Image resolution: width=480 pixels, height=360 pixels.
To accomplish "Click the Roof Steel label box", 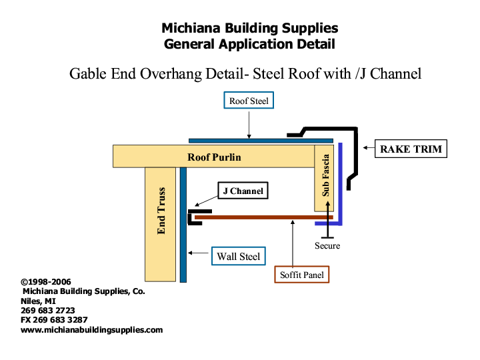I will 248,101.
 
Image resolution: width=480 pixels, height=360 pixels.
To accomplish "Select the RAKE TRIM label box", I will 411,149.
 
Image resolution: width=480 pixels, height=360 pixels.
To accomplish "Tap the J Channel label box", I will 242,191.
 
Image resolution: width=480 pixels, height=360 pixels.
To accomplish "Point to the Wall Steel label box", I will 238,256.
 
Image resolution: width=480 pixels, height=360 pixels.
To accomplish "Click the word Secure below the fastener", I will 327,246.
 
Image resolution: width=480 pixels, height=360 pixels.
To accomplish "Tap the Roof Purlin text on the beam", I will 214,157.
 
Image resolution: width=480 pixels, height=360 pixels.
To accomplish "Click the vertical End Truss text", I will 161,211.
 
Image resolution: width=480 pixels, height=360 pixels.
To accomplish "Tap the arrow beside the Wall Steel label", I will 198,253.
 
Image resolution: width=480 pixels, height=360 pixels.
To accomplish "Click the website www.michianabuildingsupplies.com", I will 92,330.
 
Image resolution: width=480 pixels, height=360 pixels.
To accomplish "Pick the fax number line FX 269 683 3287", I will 54,320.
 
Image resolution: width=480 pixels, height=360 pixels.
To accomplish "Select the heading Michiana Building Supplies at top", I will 249,29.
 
